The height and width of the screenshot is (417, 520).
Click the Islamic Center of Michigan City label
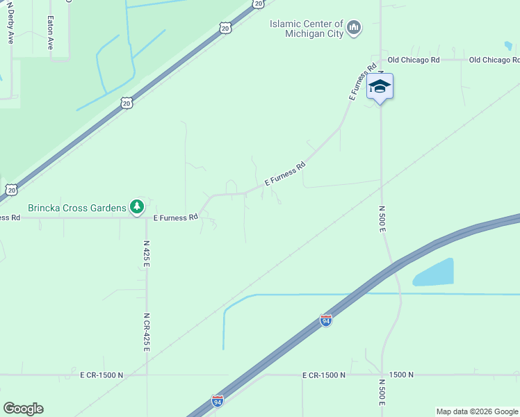(x=307, y=30)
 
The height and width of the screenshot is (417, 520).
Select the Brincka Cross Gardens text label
(x=76, y=207)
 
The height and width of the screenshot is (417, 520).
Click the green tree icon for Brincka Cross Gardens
(x=138, y=206)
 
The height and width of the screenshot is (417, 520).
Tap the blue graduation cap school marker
(x=380, y=87)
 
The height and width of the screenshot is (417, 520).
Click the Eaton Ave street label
(x=50, y=33)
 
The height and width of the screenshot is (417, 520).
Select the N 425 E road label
(x=147, y=254)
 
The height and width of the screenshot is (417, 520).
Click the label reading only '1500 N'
(x=401, y=375)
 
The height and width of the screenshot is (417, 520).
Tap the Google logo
(x=23, y=409)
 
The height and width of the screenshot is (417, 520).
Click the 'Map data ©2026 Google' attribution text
(x=478, y=411)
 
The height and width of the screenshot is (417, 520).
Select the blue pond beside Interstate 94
(x=434, y=272)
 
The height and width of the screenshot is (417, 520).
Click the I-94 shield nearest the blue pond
(x=326, y=320)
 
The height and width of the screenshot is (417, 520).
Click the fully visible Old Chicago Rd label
(x=414, y=60)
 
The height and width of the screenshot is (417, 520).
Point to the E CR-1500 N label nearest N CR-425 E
(x=101, y=375)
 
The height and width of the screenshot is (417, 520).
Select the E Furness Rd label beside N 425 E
(x=176, y=218)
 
